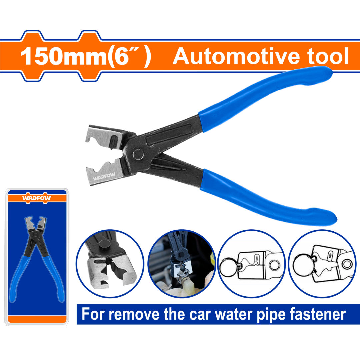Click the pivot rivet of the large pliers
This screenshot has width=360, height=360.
point(138,154)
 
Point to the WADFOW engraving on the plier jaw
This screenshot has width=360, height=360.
point(102,177)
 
